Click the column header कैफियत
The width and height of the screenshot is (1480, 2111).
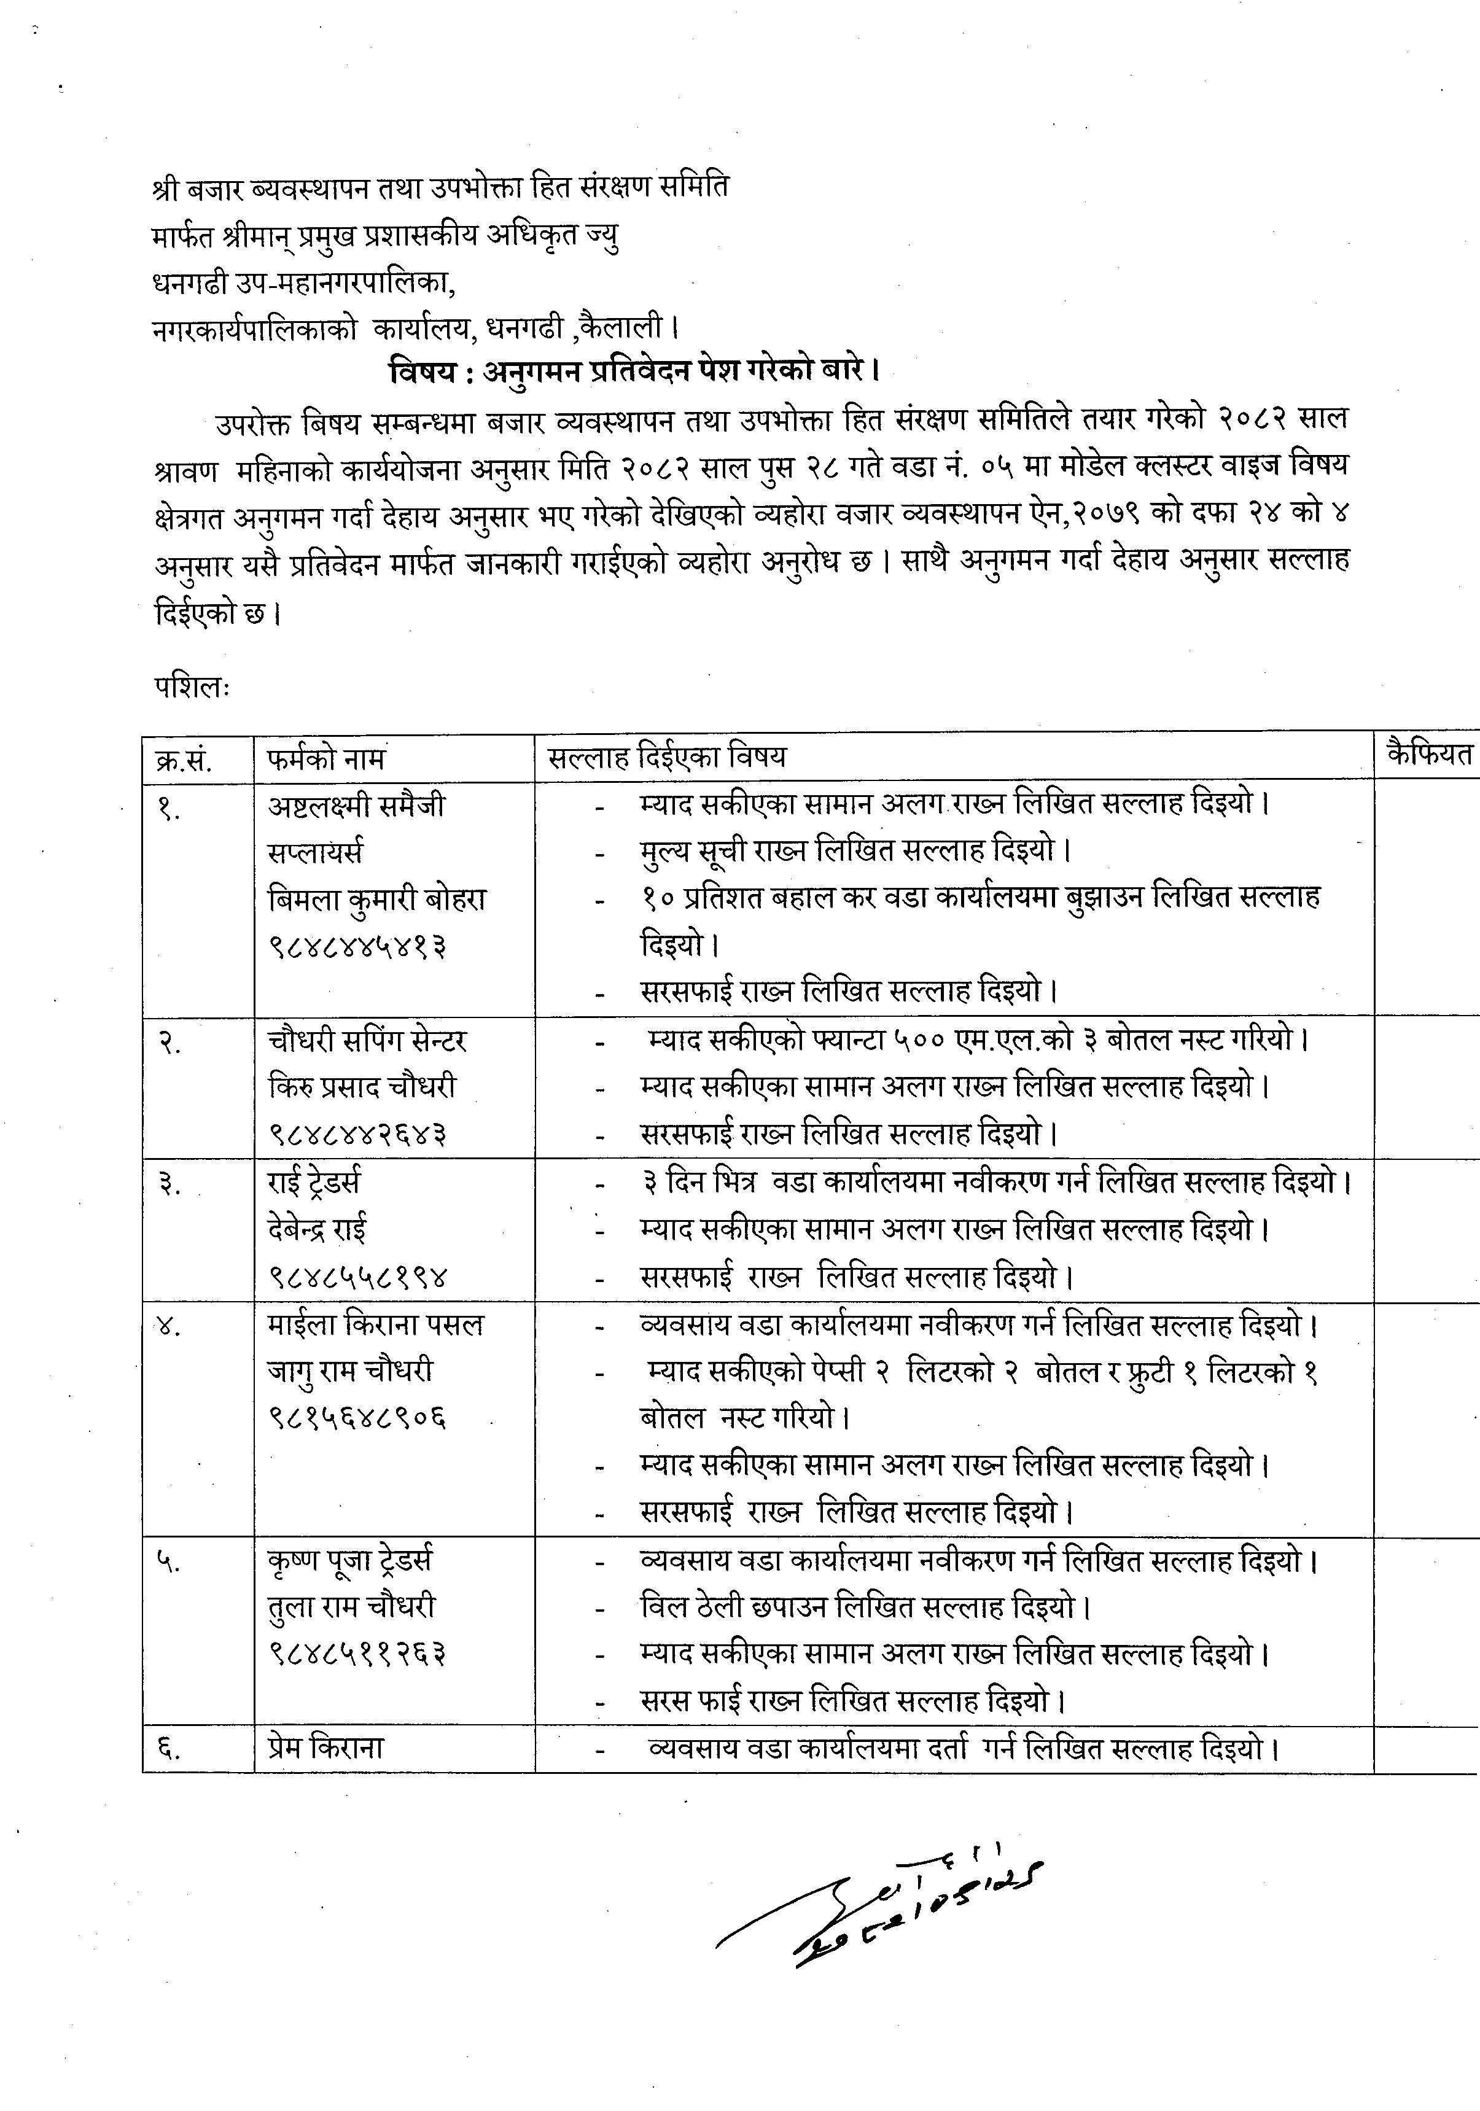click(1428, 755)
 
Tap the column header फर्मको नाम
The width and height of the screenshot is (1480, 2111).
click(327, 758)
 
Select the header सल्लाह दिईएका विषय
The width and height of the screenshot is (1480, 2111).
click(667, 758)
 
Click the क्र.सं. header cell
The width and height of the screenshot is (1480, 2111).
click(184, 760)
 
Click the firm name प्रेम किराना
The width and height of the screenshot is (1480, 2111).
click(325, 1748)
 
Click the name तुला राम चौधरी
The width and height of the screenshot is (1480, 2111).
click(351, 1607)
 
